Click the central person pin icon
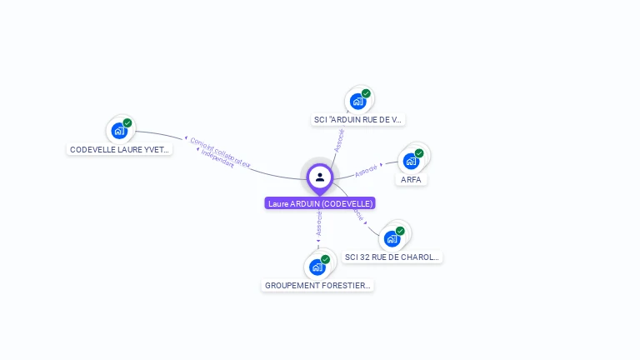(320, 177)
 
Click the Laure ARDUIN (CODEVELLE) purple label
(320, 203)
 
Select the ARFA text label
(411, 179)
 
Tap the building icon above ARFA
(410, 161)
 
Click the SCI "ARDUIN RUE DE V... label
(357, 120)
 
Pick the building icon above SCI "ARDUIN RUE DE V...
(357, 102)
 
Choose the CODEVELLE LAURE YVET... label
(120, 150)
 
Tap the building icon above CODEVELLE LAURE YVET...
(119, 131)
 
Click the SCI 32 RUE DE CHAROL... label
(392, 257)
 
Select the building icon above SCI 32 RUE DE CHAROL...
(391, 238)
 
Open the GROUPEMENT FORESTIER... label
(317, 285)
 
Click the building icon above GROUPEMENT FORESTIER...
(317, 267)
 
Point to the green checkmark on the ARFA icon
(419, 153)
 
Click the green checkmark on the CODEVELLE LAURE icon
(127, 123)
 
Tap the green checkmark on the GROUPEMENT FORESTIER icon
(325, 259)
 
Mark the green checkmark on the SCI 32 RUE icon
(400, 231)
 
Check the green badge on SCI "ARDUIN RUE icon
(366, 93)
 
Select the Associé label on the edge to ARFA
(367, 170)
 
